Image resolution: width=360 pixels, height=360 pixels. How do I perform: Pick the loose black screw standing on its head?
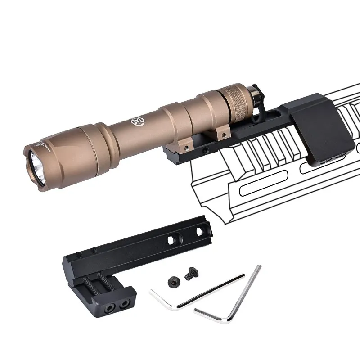pos(173,281)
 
